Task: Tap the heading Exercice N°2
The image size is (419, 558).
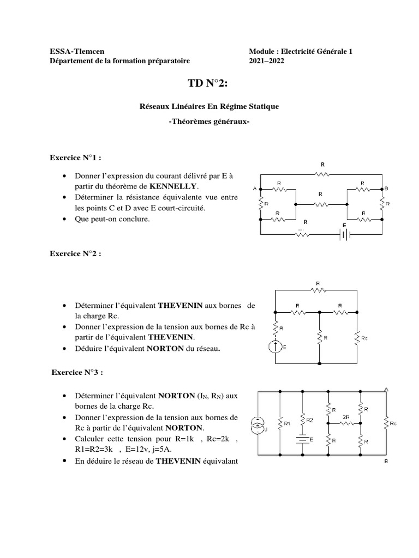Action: coord(75,253)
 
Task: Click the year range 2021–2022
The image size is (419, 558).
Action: coord(266,61)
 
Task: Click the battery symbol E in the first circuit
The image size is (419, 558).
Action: coord(345,234)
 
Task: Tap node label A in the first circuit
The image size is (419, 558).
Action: coord(255,189)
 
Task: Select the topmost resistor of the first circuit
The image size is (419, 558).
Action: coord(322,174)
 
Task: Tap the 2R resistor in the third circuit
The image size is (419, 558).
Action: coord(345,422)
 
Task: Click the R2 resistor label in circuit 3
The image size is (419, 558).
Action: coord(309,420)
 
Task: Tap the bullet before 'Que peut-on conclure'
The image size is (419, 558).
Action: coord(65,219)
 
